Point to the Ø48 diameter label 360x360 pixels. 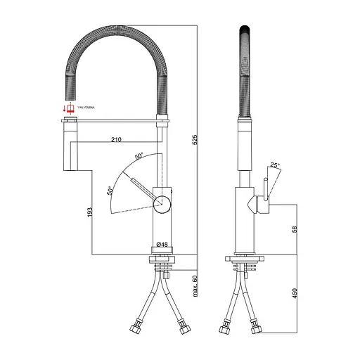click(162, 245)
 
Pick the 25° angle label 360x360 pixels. click(276, 165)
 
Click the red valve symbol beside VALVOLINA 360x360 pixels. click(69, 107)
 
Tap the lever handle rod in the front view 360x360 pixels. click(144, 190)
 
